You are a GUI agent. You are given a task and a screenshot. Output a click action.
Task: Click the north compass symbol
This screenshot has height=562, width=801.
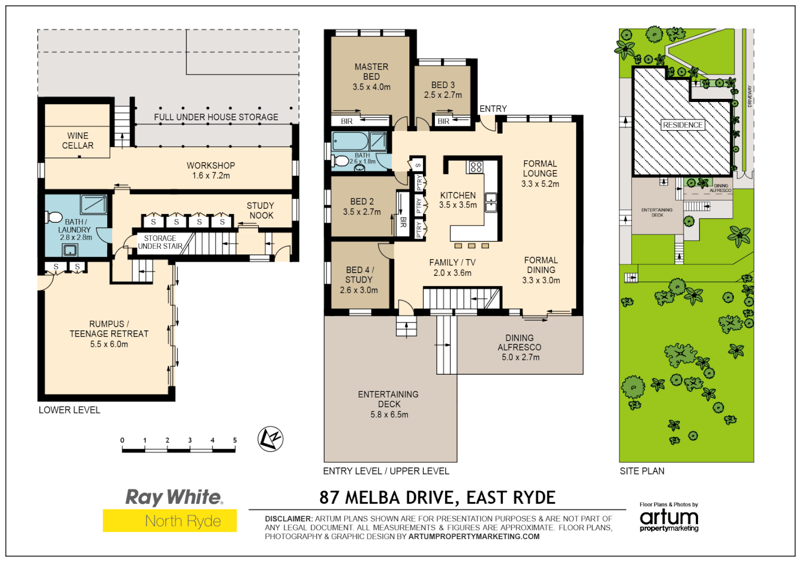tap(270, 439)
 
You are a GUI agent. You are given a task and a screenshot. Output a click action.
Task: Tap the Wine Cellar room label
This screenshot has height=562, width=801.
tap(78, 140)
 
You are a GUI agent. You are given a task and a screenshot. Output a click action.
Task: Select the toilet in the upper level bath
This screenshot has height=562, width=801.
tap(341, 161)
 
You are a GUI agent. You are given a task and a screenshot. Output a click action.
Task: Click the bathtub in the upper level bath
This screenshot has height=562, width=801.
tap(350, 141)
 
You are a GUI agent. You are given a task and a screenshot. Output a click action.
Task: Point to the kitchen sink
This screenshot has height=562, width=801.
tap(490, 202)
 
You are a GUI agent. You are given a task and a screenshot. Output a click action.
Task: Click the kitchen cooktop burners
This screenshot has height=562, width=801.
tap(475, 167)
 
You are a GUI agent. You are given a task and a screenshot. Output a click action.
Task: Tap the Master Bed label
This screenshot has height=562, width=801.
tap(371, 72)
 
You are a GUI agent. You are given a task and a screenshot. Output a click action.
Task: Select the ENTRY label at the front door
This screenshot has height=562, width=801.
tap(493, 109)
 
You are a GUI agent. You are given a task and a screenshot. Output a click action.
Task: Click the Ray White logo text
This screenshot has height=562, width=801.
tap(174, 497)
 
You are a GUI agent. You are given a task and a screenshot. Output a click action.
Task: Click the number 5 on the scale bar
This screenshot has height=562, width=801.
tap(235, 440)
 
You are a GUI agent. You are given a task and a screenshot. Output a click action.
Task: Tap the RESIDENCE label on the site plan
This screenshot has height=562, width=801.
tap(682, 125)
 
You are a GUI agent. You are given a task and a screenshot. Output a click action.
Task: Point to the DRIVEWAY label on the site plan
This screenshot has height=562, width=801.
tap(750, 96)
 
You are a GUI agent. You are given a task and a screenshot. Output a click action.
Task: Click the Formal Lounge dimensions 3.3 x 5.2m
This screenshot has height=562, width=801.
tap(540, 184)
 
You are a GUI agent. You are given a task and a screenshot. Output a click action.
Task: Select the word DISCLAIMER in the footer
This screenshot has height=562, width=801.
tap(289, 519)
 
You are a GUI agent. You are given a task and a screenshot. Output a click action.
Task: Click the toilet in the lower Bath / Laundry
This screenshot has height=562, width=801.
tap(54, 216)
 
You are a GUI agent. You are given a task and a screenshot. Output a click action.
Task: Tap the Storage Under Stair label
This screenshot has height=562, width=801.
tap(160, 242)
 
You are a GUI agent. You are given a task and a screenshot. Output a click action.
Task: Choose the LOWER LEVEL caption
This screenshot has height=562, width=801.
tap(69, 410)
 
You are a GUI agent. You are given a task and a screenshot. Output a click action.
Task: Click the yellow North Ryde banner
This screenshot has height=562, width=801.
tap(170, 520)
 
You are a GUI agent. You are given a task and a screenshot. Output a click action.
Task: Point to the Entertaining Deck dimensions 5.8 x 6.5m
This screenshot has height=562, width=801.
tap(389, 415)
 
